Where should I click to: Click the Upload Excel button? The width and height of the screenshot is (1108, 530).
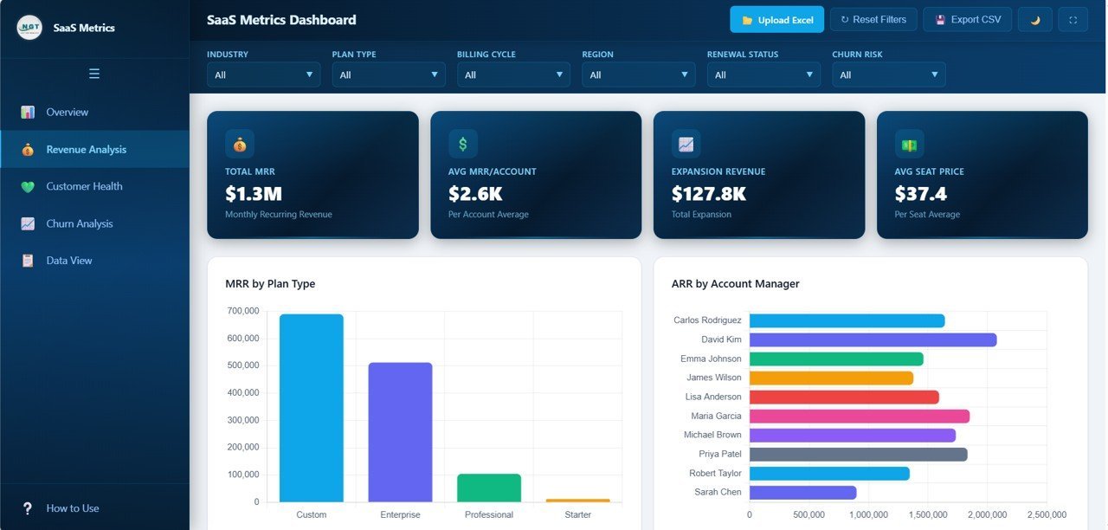(776, 20)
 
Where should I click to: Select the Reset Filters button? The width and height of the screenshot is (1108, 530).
(873, 20)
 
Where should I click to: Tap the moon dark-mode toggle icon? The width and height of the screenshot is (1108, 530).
(1034, 20)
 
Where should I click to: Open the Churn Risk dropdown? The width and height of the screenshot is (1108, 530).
(888, 75)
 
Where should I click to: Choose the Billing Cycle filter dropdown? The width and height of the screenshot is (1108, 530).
(513, 75)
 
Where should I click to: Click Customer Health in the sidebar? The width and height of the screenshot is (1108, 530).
(84, 186)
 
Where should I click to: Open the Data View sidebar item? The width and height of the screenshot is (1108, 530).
(68, 261)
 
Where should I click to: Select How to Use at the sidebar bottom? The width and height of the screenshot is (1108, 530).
(72, 508)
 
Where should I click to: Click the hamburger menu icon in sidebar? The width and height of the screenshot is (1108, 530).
(94, 74)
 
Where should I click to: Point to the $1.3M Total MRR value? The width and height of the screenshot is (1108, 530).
(254, 194)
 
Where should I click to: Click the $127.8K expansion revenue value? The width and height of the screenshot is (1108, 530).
(708, 194)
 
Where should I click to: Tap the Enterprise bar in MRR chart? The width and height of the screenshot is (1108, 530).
(400, 432)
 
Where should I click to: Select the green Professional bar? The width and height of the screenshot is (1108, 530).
(489, 488)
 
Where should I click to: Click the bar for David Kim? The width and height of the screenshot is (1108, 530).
(873, 339)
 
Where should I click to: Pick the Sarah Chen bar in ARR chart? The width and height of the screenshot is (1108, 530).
(802, 492)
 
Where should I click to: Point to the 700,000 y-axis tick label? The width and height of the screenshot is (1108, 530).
(243, 311)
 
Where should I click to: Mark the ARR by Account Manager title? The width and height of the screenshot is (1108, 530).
(735, 284)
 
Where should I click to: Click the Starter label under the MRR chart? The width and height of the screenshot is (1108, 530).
(577, 514)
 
